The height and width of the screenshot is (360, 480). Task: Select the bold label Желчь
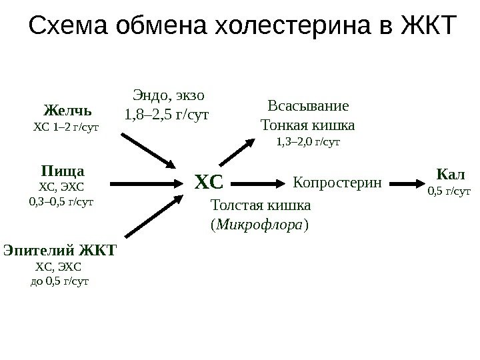(67, 109)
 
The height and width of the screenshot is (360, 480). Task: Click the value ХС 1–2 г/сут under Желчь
(65, 125)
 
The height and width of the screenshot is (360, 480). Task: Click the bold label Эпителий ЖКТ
(60, 251)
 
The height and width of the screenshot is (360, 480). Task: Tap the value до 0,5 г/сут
(60, 281)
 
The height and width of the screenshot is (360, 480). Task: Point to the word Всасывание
(307, 107)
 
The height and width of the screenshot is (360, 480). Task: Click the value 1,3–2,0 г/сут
(308, 141)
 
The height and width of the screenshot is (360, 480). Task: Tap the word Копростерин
(337, 181)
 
